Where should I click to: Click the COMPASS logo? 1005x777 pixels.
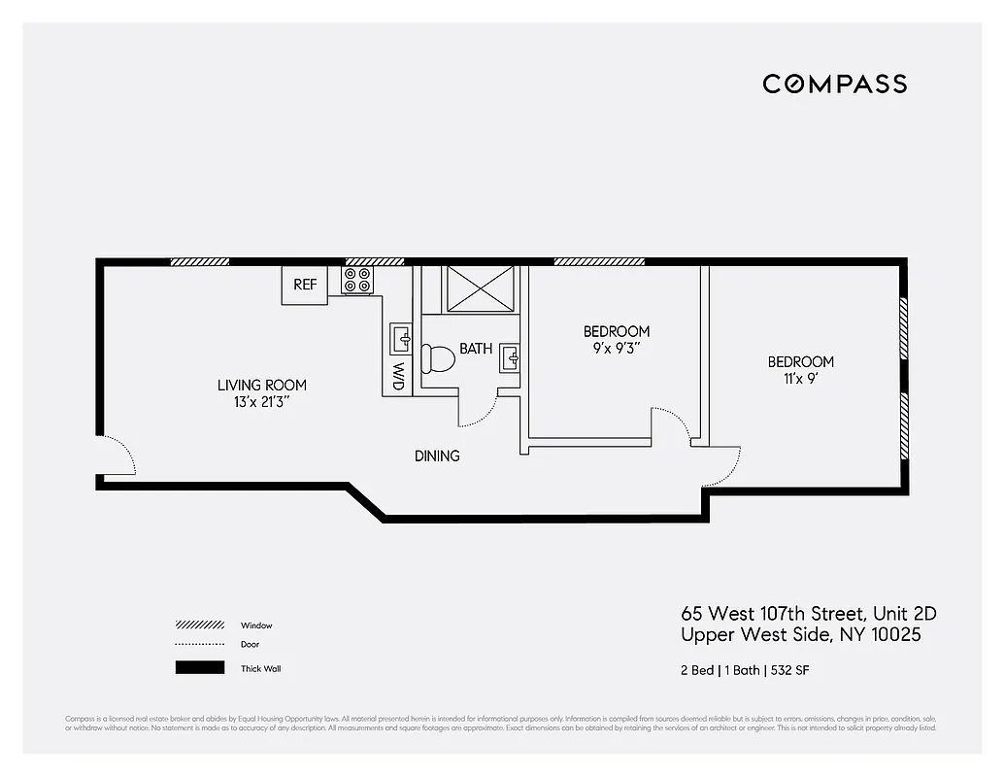(834, 84)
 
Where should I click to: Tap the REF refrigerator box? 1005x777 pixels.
(305, 285)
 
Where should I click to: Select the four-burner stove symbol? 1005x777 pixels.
(357, 281)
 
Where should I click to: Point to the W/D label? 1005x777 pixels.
(398, 377)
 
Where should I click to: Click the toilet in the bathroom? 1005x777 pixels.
(439, 358)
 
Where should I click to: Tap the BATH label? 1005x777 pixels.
(476, 349)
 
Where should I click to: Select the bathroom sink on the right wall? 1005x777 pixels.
(511, 359)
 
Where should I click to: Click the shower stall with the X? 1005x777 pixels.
(483, 288)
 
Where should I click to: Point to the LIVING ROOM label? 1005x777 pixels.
(261, 386)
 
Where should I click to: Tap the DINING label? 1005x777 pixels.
(437, 456)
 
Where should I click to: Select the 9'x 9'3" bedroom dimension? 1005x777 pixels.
(616, 348)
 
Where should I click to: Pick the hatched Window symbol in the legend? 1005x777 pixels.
(200, 625)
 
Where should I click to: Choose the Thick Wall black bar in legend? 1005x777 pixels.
(200, 668)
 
